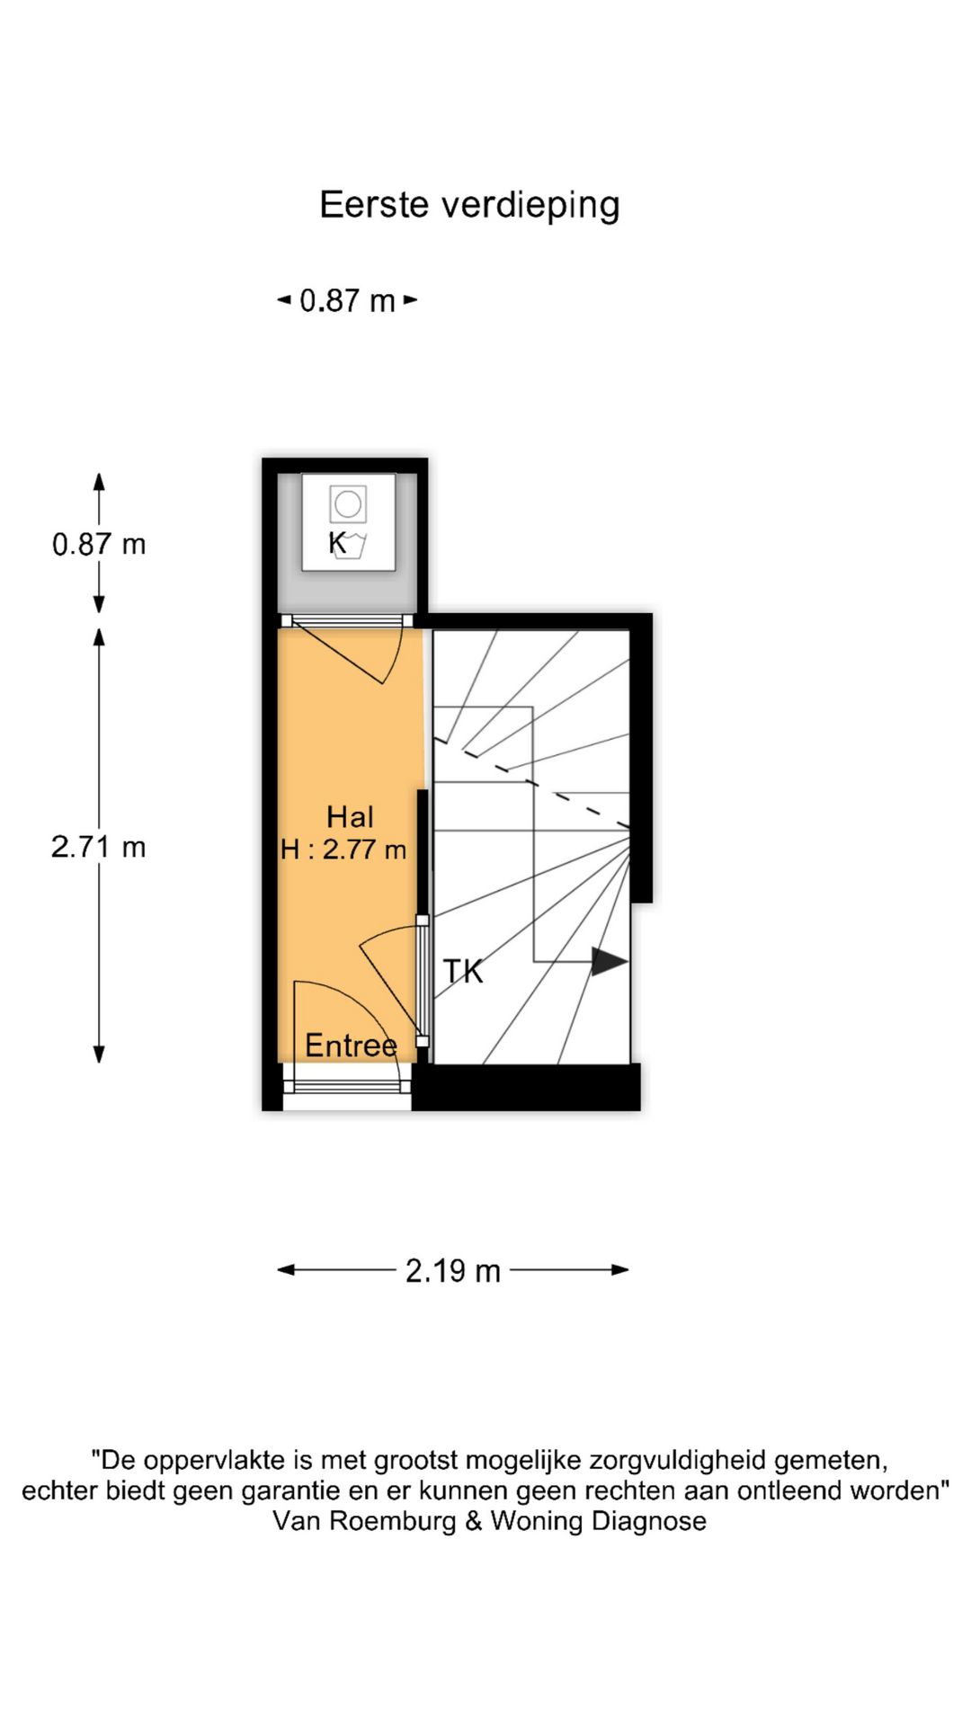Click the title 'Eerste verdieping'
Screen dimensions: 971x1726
coord(469,205)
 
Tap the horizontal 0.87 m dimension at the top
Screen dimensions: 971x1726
coord(347,300)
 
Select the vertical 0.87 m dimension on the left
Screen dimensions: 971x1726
coord(99,544)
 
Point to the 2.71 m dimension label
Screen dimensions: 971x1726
coord(99,847)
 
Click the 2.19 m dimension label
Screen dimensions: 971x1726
coord(452,1270)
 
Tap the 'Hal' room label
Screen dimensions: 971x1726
coord(350,817)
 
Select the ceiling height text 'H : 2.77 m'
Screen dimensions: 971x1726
coord(343,850)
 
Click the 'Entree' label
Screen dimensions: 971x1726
coord(351,1045)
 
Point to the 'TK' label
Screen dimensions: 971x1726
coord(463,972)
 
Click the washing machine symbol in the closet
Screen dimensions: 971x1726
coord(348,521)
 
